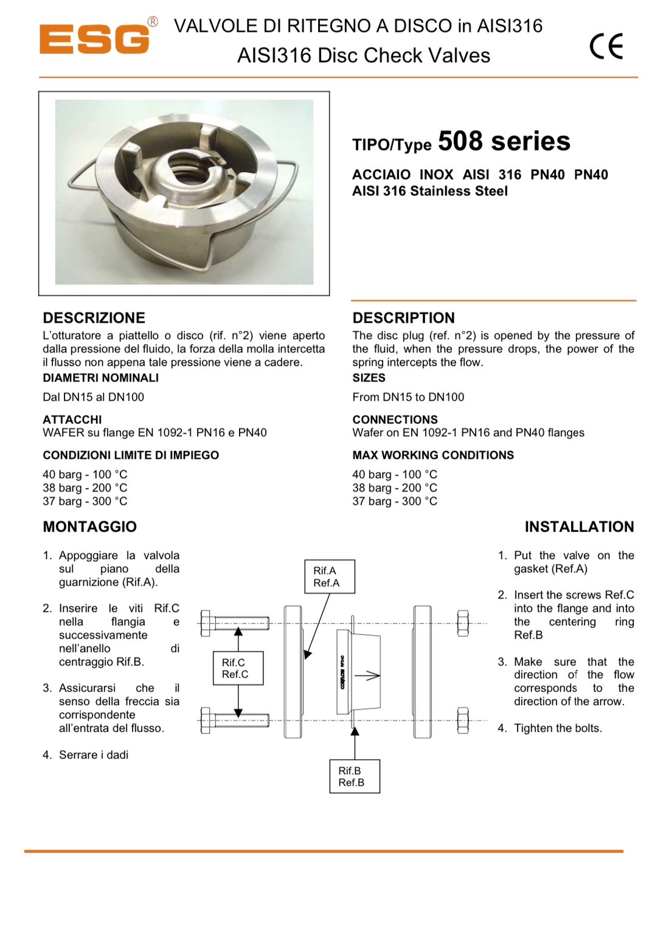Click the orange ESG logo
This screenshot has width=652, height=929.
94,39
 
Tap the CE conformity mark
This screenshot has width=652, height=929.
606,46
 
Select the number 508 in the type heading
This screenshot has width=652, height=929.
461,141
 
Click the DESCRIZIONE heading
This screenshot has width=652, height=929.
94,318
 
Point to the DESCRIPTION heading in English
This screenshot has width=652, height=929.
403,318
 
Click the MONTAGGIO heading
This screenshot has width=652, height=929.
89,526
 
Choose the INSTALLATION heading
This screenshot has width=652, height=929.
579,526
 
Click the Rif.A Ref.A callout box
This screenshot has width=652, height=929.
329,576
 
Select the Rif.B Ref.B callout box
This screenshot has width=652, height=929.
355,776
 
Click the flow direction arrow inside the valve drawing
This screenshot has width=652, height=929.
367,675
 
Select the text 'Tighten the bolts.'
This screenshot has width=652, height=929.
558,728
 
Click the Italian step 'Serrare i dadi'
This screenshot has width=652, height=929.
93,755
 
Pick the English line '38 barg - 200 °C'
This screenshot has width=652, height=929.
395,488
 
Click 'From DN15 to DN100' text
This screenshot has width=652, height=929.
408,397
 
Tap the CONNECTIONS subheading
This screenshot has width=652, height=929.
395,420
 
